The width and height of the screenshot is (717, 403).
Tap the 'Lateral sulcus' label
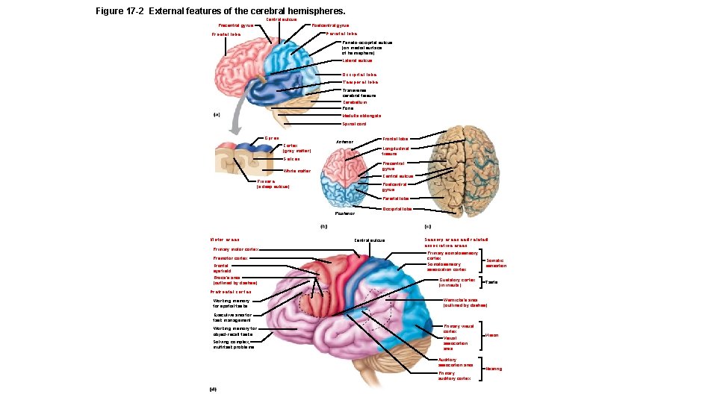click(x=357, y=60)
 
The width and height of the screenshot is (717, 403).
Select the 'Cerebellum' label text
click(x=356, y=102)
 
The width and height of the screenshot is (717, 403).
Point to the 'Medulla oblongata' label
click(x=361, y=116)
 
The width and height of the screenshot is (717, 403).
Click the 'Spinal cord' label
click(x=355, y=124)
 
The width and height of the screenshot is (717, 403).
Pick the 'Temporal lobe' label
click(x=360, y=82)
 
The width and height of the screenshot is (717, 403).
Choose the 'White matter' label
click(x=297, y=171)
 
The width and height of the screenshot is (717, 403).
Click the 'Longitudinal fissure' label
click(x=395, y=151)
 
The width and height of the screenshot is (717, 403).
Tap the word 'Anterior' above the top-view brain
click(x=344, y=142)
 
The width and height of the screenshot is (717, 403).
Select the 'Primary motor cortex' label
click(x=235, y=249)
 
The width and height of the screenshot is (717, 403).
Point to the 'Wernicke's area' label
click(x=465, y=302)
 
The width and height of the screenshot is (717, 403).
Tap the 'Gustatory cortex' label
click(x=457, y=282)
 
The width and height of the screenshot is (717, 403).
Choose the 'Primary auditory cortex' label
click(x=454, y=375)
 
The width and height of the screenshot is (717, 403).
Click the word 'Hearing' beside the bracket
click(x=494, y=369)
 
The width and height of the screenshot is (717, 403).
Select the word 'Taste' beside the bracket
click(x=491, y=283)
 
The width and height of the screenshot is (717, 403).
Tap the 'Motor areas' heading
click(x=225, y=240)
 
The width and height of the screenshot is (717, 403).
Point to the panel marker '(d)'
click(x=214, y=389)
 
